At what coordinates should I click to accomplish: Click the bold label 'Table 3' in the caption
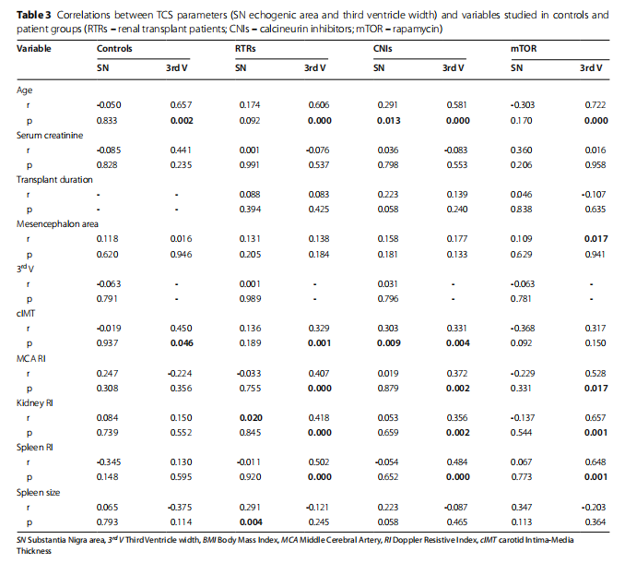point(33,16)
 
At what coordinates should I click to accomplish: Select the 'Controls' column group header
point(114,47)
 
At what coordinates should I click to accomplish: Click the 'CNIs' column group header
point(385,47)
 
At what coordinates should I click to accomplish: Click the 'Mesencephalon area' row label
point(53,222)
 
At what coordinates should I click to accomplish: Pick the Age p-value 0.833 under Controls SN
point(109,120)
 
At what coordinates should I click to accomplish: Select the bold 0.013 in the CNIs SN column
point(387,120)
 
